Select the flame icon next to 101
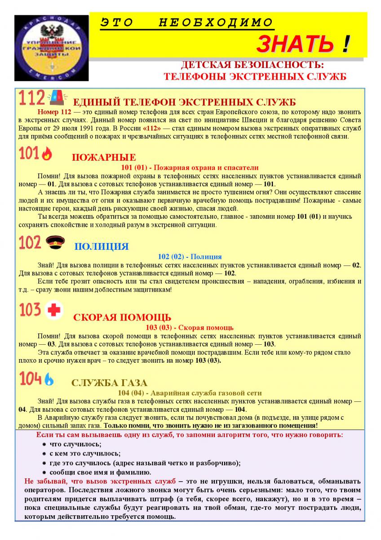click(x=47, y=154)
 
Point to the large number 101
click(x=29, y=154)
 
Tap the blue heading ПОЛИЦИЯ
click(x=101, y=247)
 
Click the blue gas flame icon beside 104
click(x=49, y=379)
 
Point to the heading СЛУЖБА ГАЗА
click(x=109, y=383)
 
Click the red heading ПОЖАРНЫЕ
click(x=104, y=157)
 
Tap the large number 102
click(x=30, y=243)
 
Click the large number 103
click(x=30, y=310)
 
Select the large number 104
click(x=30, y=379)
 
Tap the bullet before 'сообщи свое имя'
click(x=44, y=472)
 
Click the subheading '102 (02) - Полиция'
click(x=190, y=256)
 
